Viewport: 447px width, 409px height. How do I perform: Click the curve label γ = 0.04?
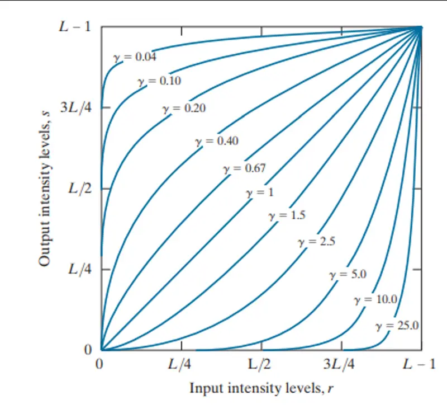pyautogui.click(x=135, y=57)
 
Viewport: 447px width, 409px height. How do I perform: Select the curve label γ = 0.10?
pyautogui.click(x=159, y=81)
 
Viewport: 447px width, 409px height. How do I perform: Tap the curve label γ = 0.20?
pyautogui.click(x=184, y=108)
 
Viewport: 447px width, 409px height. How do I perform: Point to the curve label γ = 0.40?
pyautogui.click(x=216, y=141)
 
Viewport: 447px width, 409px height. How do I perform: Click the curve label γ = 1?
pyautogui.click(x=259, y=193)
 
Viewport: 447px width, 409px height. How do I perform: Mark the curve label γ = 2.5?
pyautogui.click(x=316, y=242)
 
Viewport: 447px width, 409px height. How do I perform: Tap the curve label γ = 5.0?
pyautogui.click(x=348, y=275)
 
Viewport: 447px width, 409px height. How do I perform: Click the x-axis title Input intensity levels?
pyautogui.click(x=261, y=388)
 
